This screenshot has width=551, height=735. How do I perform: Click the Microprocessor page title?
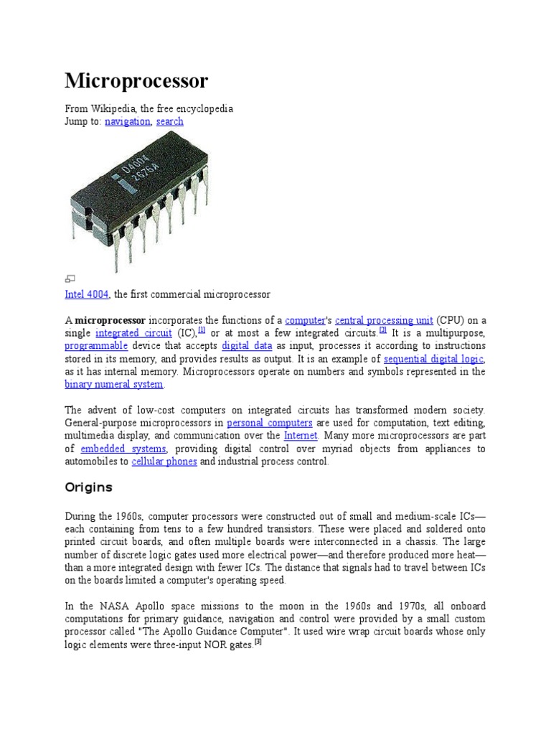(x=136, y=81)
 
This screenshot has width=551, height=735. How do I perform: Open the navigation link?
(x=127, y=121)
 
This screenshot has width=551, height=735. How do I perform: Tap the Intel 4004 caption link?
(x=86, y=294)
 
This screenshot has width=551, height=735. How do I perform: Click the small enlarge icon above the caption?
(x=70, y=278)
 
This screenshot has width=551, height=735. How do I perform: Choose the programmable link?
(x=96, y=346)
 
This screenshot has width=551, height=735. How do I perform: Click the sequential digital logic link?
(x=433, y=359)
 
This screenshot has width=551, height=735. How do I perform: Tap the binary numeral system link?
(x=114, y=385)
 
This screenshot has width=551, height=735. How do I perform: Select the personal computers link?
(x=270, y=423)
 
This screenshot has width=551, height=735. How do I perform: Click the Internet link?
(x=300, y=436)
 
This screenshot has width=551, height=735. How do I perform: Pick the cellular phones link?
(x=164, y=462)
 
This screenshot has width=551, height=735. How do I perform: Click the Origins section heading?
(x=89, y=487)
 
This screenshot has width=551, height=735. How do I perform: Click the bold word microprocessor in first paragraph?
(x=110, y=320)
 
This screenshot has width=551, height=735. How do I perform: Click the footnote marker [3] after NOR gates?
(x=259, y=643)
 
